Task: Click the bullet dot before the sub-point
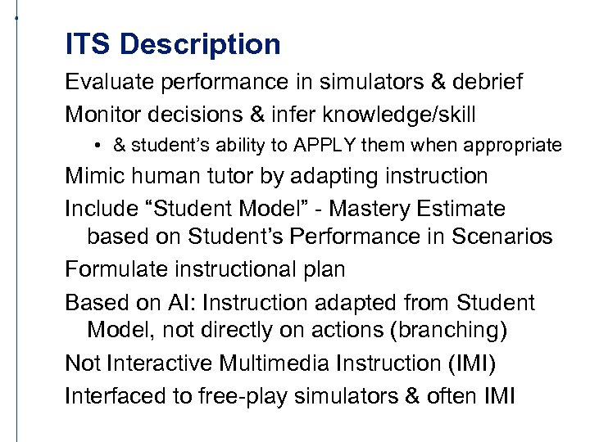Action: [x=97, y=147]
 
